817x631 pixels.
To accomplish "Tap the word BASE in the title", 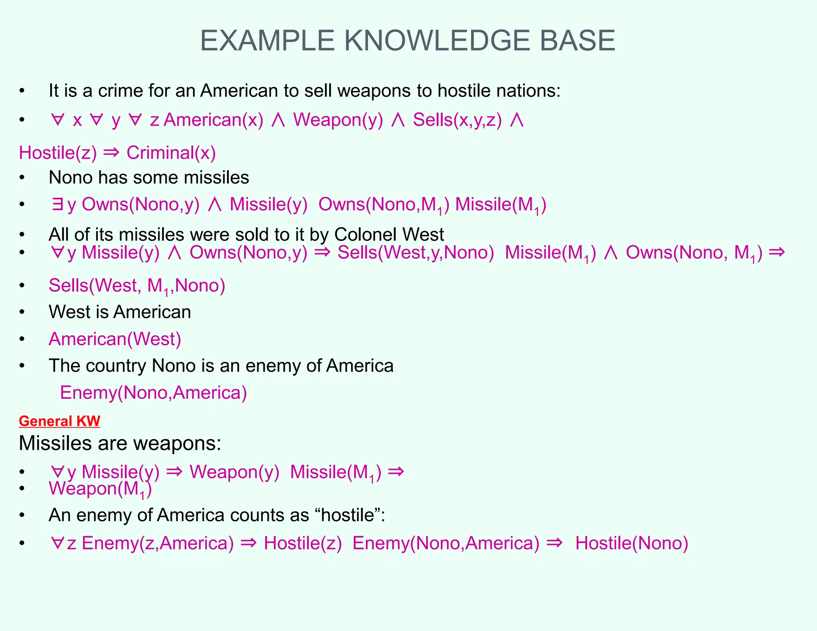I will (x=577, y=41).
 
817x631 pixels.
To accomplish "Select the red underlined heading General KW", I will (x=59, y=421).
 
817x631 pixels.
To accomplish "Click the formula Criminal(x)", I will (x=171, y=153).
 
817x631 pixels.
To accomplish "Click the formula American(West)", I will (x=115, y=339).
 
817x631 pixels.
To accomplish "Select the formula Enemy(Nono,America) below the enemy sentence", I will (x=153, y=393).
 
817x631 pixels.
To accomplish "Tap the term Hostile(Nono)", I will (x=631, y=543).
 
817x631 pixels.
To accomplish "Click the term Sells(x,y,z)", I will (x=457, y=120).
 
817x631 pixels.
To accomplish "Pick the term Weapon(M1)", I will (x=100, y=489).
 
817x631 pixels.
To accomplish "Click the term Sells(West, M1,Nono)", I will (x=137, y=286).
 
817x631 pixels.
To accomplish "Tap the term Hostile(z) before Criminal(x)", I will (x=58, y=153).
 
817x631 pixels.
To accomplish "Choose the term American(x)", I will (x=213, y=120).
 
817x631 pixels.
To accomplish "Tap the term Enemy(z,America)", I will (x=158, y=543).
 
